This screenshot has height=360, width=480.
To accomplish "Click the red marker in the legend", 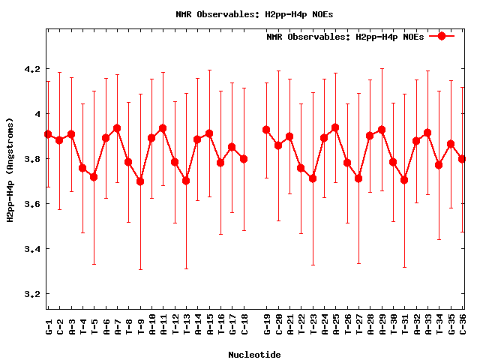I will [x=442, y=36].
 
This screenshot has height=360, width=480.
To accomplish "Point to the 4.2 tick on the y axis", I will [x=31, y=69].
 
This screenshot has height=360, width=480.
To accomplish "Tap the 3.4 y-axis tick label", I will [x=31, y=249].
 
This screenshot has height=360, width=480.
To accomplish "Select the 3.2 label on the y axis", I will [x=31, y=294].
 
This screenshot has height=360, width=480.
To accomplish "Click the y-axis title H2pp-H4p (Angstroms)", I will [x=10, y=169].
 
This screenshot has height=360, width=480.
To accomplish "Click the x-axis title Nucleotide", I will [x=254, y=355].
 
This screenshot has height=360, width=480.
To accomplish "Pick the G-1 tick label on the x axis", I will [x=48, y=327].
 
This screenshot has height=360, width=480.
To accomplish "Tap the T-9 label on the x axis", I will [x=140, y=327].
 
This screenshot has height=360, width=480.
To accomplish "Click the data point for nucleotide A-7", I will [x=117, y=128].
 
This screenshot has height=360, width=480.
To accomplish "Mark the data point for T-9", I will [x=140, y=181].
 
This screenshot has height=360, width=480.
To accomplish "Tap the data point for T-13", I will [x=186, y=181].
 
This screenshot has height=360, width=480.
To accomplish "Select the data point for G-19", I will [x=266, y=130].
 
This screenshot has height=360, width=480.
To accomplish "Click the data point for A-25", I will [x=335, y=127].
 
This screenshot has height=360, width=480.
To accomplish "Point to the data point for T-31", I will [x=404, y=180].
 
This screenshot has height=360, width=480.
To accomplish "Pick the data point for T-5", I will [x=94, y=177].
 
